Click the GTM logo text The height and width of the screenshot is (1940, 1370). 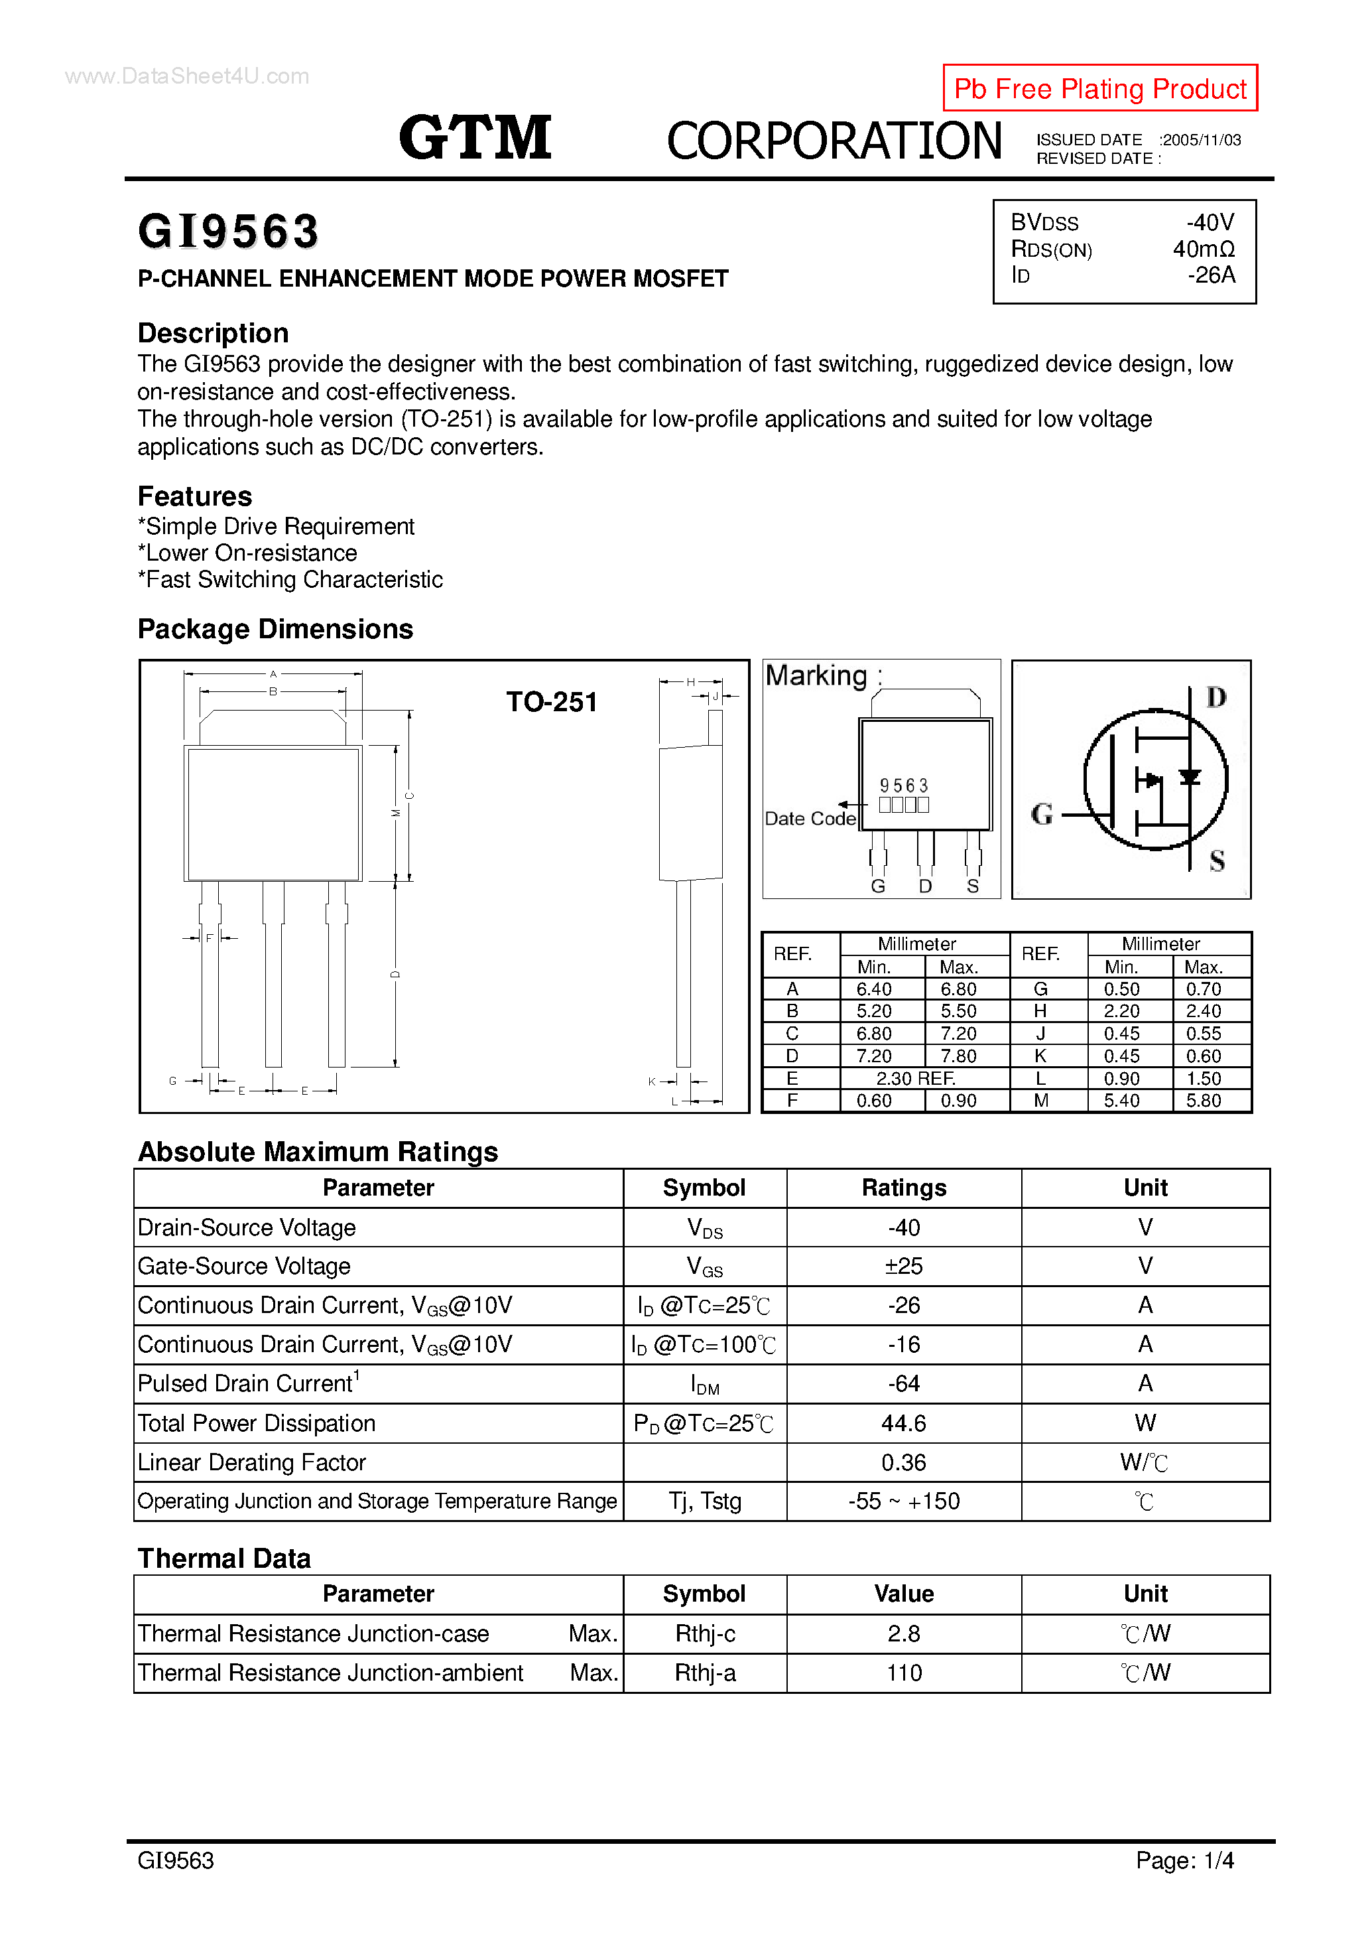[x=475, y=138]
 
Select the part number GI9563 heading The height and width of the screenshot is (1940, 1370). [x=228, y=232]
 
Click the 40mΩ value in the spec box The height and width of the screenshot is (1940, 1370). [x=1203, y=249]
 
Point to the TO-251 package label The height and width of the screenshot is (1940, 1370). [x=552, y=701]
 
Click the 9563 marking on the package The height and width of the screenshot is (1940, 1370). [x=903, y=785]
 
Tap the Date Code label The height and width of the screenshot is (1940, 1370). [x=809, y=818]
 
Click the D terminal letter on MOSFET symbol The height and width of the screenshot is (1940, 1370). [x=1215, y=697]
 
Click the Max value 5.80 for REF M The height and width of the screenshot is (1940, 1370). [x=1203, y=1100]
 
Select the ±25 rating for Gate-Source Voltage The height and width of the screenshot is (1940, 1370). [x=903, y=1266]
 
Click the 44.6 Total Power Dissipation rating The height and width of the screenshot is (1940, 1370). [x=903, y=1423]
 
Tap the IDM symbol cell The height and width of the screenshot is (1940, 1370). [x=704, y=1384]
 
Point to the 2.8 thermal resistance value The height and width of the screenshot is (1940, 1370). [x=903, y=1633]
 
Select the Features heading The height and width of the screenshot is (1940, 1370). [x=194, y=496]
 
